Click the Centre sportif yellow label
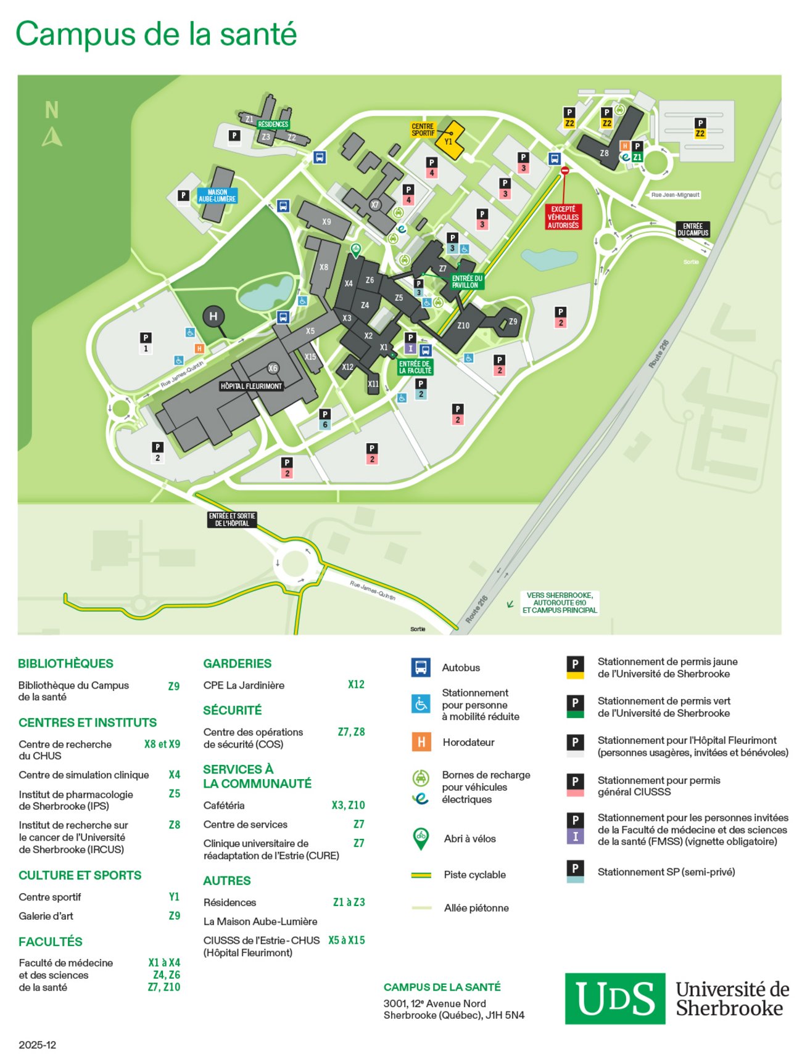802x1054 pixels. coord(423,129)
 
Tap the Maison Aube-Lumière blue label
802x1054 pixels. coord(217,195)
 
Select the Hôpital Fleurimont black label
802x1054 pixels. coord(251,386)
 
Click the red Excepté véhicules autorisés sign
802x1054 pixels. coord(563,217)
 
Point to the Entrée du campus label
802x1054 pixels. coord(693,229)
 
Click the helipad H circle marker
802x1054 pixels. coord(213,317)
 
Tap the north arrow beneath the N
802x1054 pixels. coord(52,137)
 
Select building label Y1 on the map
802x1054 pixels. coord(449,142)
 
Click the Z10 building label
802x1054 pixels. coord(463,325)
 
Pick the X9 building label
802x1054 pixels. coord(326,221)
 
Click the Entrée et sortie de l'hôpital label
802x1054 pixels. coord(232,520)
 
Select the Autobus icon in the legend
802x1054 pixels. coord(421,668)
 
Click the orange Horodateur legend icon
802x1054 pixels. coord(421,741)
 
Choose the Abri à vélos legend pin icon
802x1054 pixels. coord(421,838)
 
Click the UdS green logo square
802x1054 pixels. coord(614,999)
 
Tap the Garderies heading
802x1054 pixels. coord(238,663)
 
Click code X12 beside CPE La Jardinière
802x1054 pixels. coord(356,684)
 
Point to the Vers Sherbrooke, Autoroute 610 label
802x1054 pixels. coord(559,603)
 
